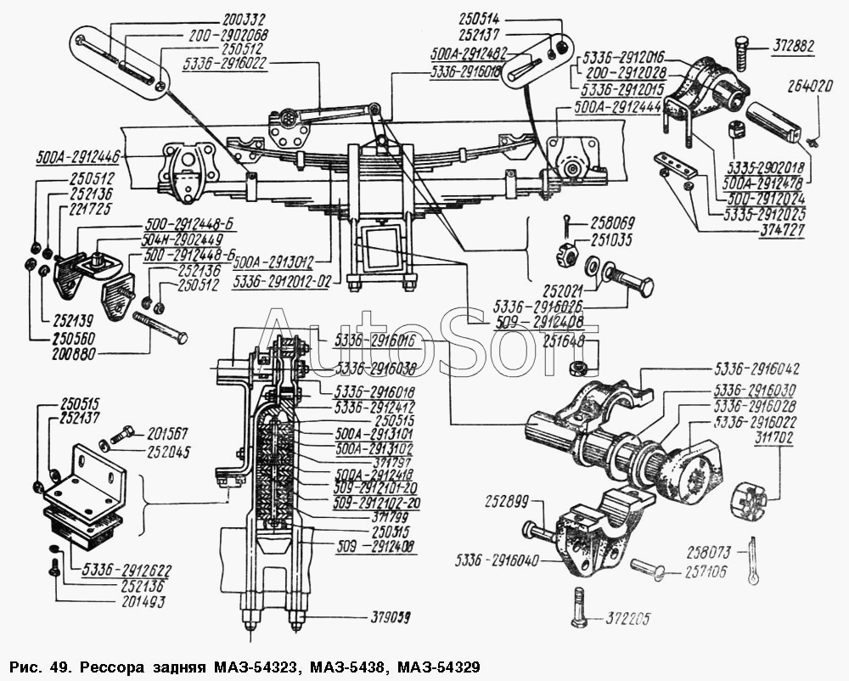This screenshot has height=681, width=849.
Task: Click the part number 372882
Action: tap(794, 47)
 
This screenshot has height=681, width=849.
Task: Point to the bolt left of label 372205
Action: tap(579, 608)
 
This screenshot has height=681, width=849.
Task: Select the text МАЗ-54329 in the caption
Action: tap(445, 664)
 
